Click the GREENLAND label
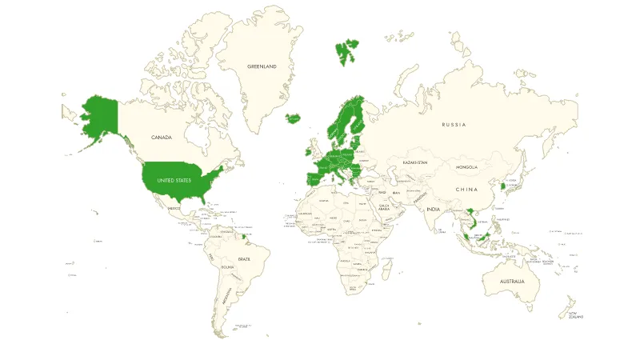[262, 66]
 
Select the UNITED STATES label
[174, 181]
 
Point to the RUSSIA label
[454, 125]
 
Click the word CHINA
[466, 190]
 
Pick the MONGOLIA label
[466, 167]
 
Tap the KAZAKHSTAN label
[415, 162]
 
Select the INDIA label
[434, 210]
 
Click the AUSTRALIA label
[512, 282]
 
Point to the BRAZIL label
[243, 259]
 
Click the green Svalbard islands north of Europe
[347, 52]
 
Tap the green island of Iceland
[294, 119]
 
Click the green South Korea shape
[502, 186]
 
